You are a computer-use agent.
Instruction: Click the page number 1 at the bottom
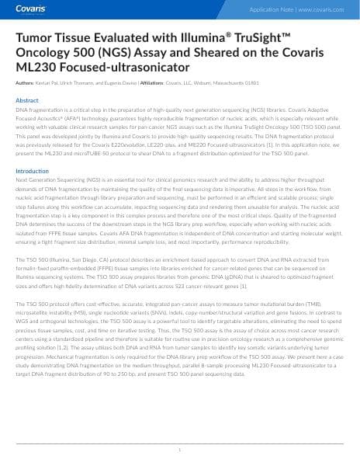pos(180,450)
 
